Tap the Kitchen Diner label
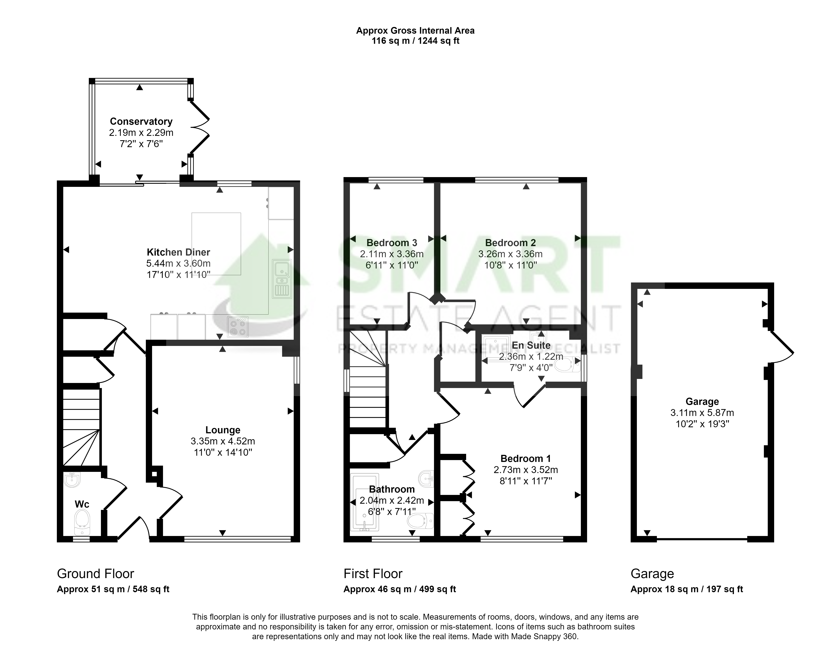point(178,252)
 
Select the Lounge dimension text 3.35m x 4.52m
point(223,441)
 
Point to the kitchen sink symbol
point(282,279)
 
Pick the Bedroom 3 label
point(391,243)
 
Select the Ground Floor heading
point(95,574)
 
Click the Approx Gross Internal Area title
point(415,31)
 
